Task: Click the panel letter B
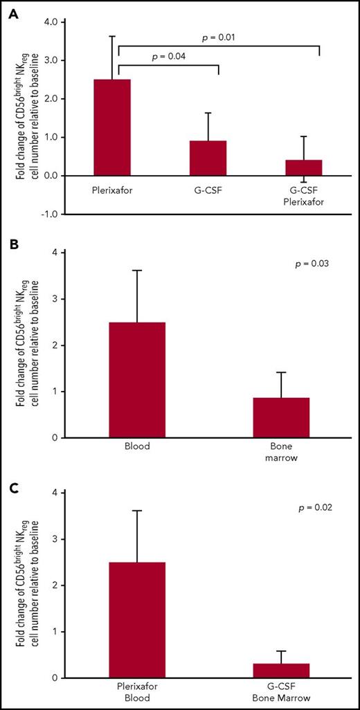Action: [12, 244]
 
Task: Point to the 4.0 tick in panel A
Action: [48, 21]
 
